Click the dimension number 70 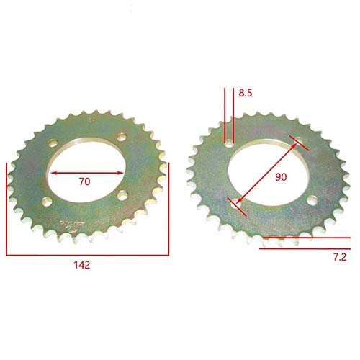[x=85, y=183]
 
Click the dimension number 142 [x=82, y=266]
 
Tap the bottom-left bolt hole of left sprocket [x=48, y=201]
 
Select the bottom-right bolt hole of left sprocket [x=122, y=195]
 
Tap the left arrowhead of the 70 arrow [x=52, y=173]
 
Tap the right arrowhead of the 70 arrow [x=122, y=173]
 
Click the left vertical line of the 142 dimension [x=6, y=209]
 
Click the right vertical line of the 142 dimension [x=168, y=209]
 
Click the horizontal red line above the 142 [x=86, y=255]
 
